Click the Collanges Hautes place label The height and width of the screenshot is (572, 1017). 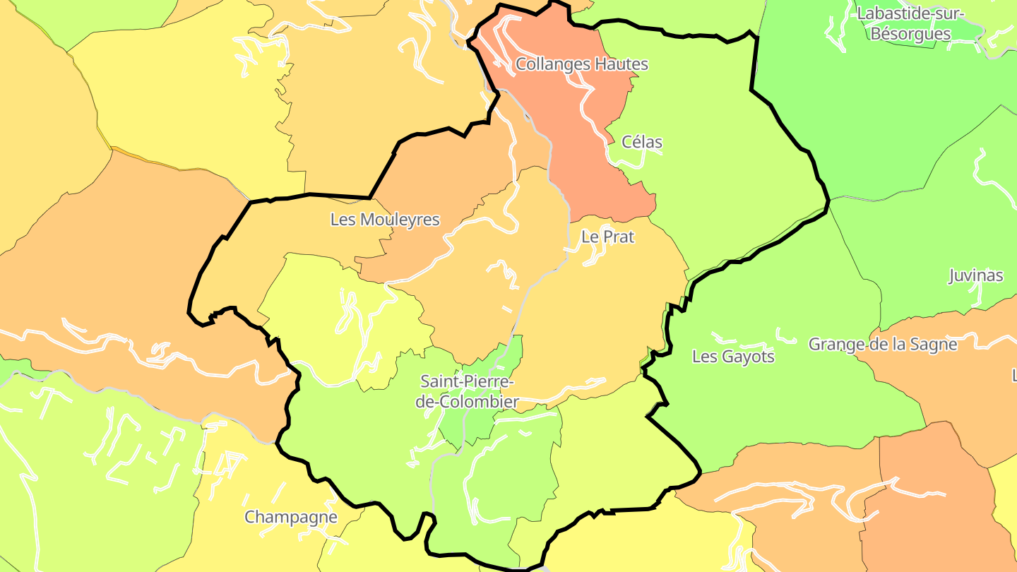(x=581, y=64)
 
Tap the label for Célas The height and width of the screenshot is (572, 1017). (x=642, y=142)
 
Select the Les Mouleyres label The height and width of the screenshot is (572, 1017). (x=385, y=220)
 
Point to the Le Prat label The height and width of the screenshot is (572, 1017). (x=607, y=237)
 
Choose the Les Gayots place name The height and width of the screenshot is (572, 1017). (x=733, y=357)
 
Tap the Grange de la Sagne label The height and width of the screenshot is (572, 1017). (x=882, y=345)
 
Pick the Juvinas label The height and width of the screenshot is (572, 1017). (x=976, y=275)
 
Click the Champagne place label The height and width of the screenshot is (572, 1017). (x=291, y=517)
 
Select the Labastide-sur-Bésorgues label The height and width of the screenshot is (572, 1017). (x=910, y=23)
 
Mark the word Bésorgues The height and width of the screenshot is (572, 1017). (x=911, y=34)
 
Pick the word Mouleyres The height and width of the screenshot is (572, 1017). (x=399, y=220)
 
